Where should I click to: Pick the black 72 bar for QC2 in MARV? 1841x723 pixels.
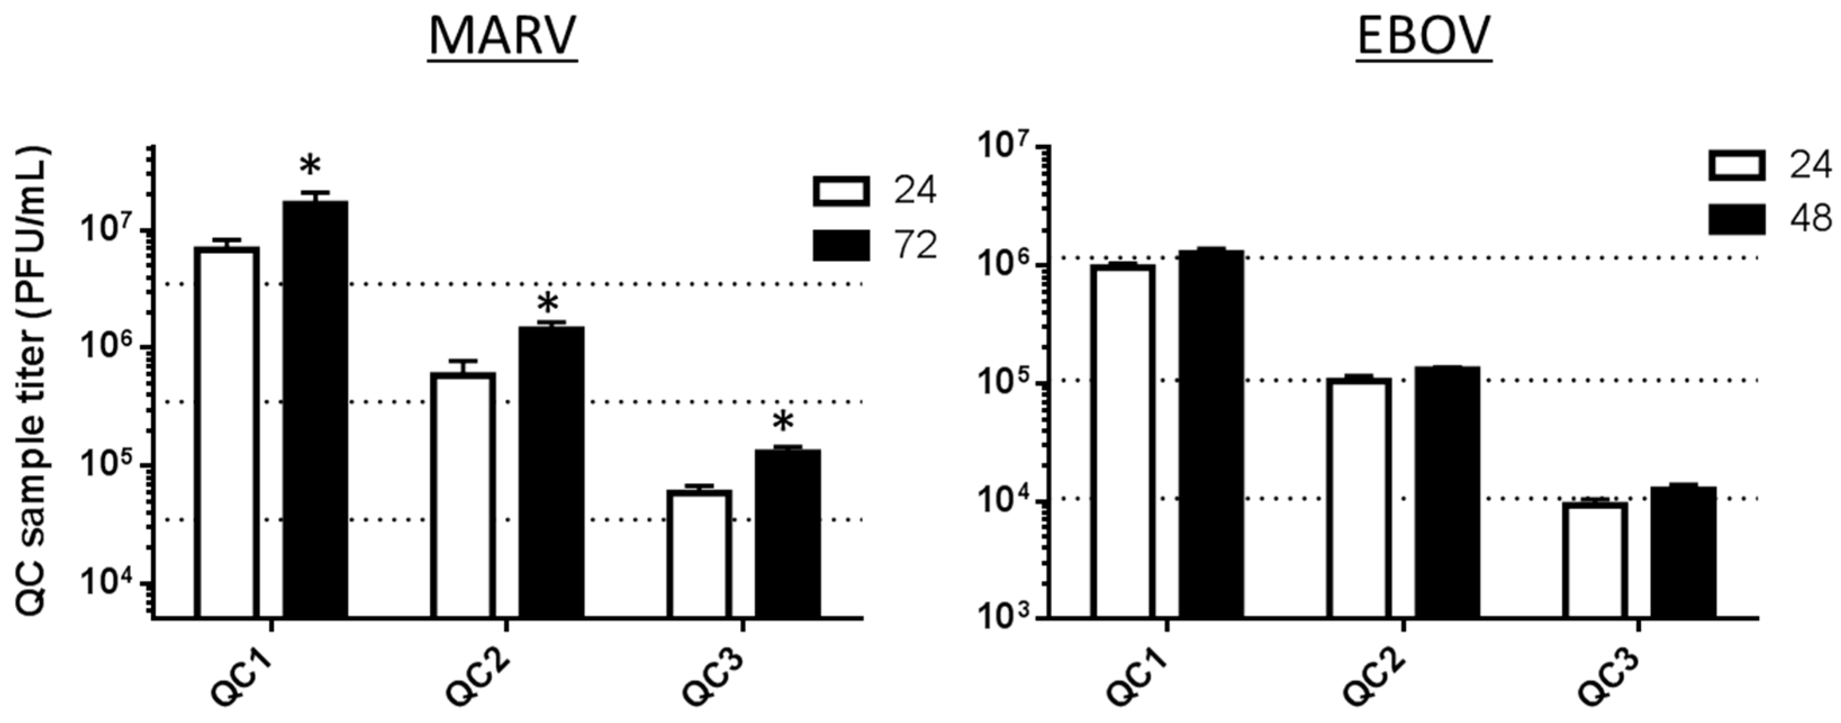pos(551,471)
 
